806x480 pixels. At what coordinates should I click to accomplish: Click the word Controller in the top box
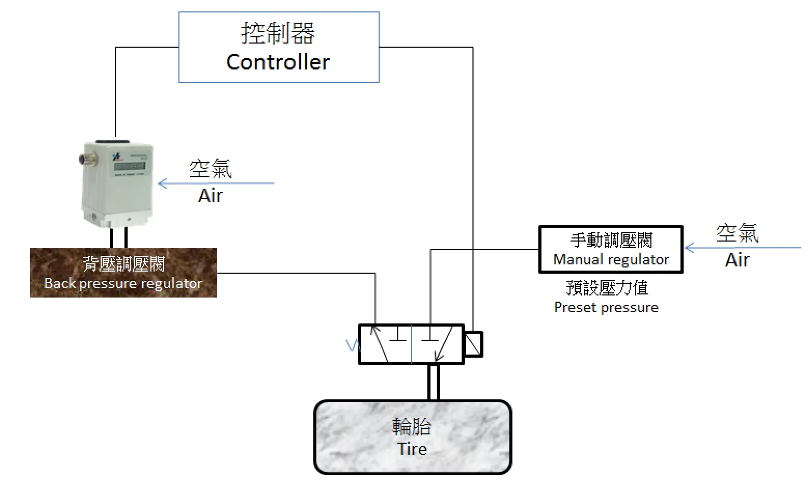[x=278, y=62]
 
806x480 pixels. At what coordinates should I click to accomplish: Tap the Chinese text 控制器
[x=278, y=33]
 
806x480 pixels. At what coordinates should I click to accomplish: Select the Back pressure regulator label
[x=123, y=284]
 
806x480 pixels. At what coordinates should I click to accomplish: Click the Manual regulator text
[x=611, y=259]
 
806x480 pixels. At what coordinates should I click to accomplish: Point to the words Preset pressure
[x=606, y=307]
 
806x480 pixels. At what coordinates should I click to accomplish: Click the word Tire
[x=412, y=448]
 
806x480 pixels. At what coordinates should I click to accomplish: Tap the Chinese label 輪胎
[x=412, y=427]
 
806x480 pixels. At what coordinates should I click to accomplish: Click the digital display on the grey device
[x=130, y=166]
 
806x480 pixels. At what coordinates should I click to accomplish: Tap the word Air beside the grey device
[x=211, y=196]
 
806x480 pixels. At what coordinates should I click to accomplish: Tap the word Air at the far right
[x=738, y=260]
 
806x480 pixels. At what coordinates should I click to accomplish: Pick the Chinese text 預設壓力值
[x=607, y=288]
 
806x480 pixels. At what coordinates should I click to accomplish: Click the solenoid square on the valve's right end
[x=473, y=344]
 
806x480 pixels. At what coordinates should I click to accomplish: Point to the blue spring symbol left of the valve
[x=352, y=345]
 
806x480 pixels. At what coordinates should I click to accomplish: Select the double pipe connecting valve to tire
[x=434, y=382]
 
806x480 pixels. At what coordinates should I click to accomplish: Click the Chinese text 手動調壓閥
[x=611, y=240]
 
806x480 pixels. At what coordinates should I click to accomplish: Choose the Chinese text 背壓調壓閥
[x=123, y=264]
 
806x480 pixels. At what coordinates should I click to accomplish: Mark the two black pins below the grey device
[x=118, y=238]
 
